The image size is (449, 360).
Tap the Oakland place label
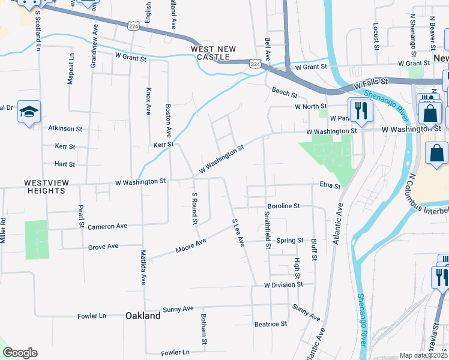pyautogui.click(x=143, y=316)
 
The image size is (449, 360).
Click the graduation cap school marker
pyautogui.click(x=29, y=112)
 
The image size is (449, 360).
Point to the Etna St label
pyautogui.click(x=330, y=186)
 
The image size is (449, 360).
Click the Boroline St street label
pyautogui.click(x=283, y=206)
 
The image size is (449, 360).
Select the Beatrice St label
pyautogui.click(x=270, y=324)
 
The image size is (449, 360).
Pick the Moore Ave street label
pyautogui.click(x=191, y=245)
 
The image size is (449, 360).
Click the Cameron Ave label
pyautogui.click(x=107, y=227)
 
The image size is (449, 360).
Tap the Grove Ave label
pyautogui.click(x=103, y=247)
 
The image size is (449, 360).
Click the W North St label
pyautogui.click(x=310, y=107)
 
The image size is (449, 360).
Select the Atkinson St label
pyautogui.click(x=65, y=128)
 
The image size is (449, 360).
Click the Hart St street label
pyautogui.click(x=64, y=164)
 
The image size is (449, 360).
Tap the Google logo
pyautogui.click(x=20, y=353)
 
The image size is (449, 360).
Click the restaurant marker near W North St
pyautogui.click(x=361, y=109)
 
